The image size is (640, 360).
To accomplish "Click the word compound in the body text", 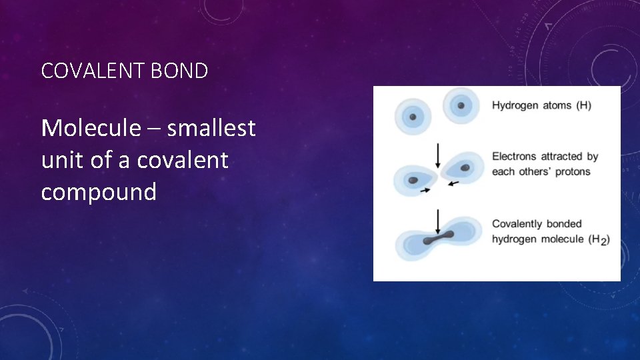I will click(x=98, y=192).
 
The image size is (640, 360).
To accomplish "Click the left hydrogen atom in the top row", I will click(x=413, y=117).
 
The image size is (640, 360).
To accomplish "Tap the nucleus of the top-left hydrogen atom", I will click(x=413, y=117).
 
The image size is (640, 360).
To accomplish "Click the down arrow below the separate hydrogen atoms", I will click(x=437, y=154).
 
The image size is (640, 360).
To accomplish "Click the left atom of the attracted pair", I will click(x=414, y=179).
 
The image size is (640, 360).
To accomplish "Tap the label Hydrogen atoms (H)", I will click(x=541, y=105).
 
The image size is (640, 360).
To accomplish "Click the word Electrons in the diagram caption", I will click(x=513, y=157).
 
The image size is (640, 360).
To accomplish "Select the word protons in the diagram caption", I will click(x=572, y=171).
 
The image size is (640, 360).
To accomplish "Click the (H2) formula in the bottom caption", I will click(x=599, y=239).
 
